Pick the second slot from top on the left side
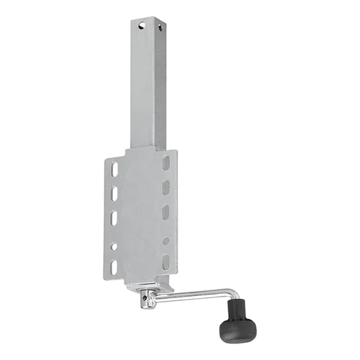pos(114,194)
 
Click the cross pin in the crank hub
pos(145,297)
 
